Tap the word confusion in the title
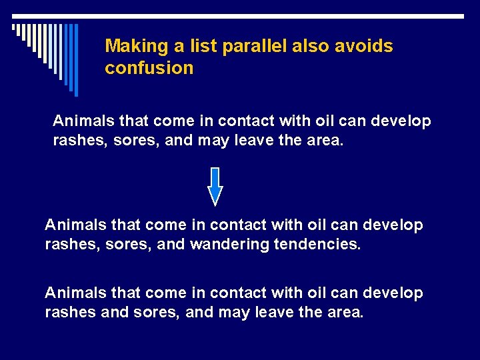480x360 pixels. pyautogui.click(x=149, y=68)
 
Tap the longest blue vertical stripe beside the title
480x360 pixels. pyautogui.click(x=75, y=60)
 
